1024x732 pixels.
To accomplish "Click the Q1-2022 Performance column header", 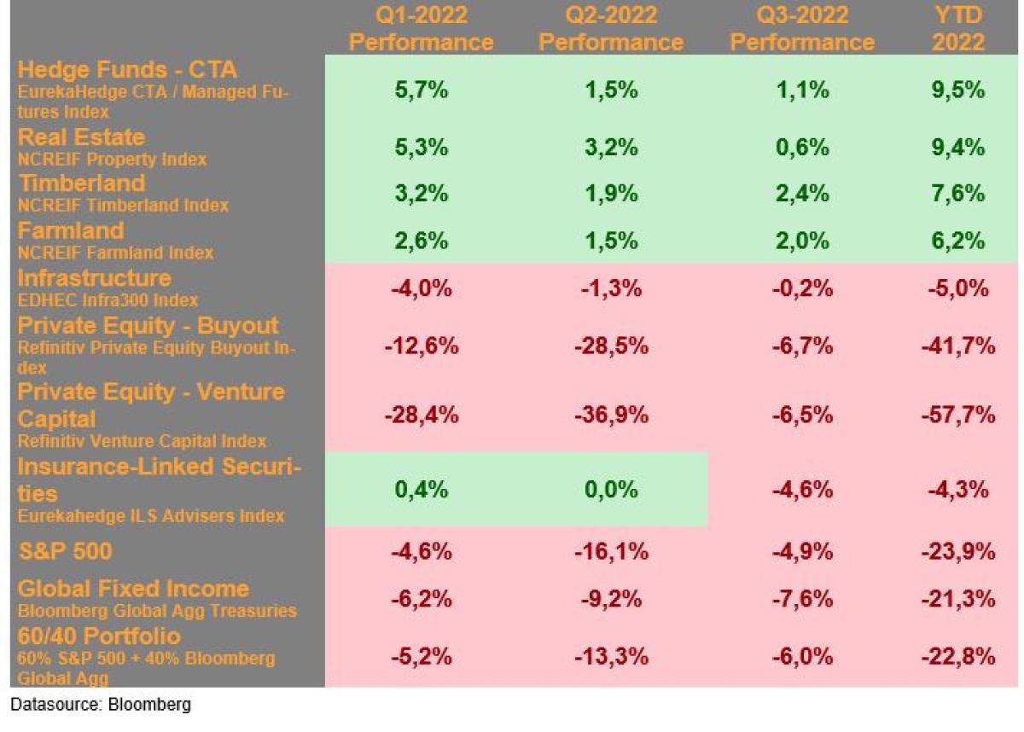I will click(421, 28).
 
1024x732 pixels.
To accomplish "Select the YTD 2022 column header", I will click(958, 28).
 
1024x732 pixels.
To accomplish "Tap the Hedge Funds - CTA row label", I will click(127, 69).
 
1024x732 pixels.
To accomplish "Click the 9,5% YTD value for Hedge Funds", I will click(958, 90).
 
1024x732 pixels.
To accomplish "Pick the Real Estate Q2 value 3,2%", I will click(612, 147).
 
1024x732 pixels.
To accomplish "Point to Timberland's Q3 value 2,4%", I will click(803, 194).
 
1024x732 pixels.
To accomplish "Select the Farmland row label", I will click(71, 230).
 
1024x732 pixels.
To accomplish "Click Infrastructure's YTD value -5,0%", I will click(958, 288).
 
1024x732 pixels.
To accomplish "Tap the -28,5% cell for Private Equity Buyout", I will click(612, 346).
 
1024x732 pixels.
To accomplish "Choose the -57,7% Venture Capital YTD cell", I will click(958, 415).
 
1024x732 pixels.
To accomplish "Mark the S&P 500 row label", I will click(65, 551).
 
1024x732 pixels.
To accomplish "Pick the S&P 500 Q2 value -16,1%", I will click(612, 551).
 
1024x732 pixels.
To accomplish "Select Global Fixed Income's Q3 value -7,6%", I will click(803, 599).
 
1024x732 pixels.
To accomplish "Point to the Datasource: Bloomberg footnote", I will click(101, 706).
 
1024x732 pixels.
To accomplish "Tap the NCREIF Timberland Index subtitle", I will click(123, 206).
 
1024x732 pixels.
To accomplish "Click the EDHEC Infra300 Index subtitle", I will click(108, 300).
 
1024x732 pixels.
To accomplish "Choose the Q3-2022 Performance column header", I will click(803, 28).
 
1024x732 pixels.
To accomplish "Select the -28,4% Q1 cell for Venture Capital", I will click(421, 415).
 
